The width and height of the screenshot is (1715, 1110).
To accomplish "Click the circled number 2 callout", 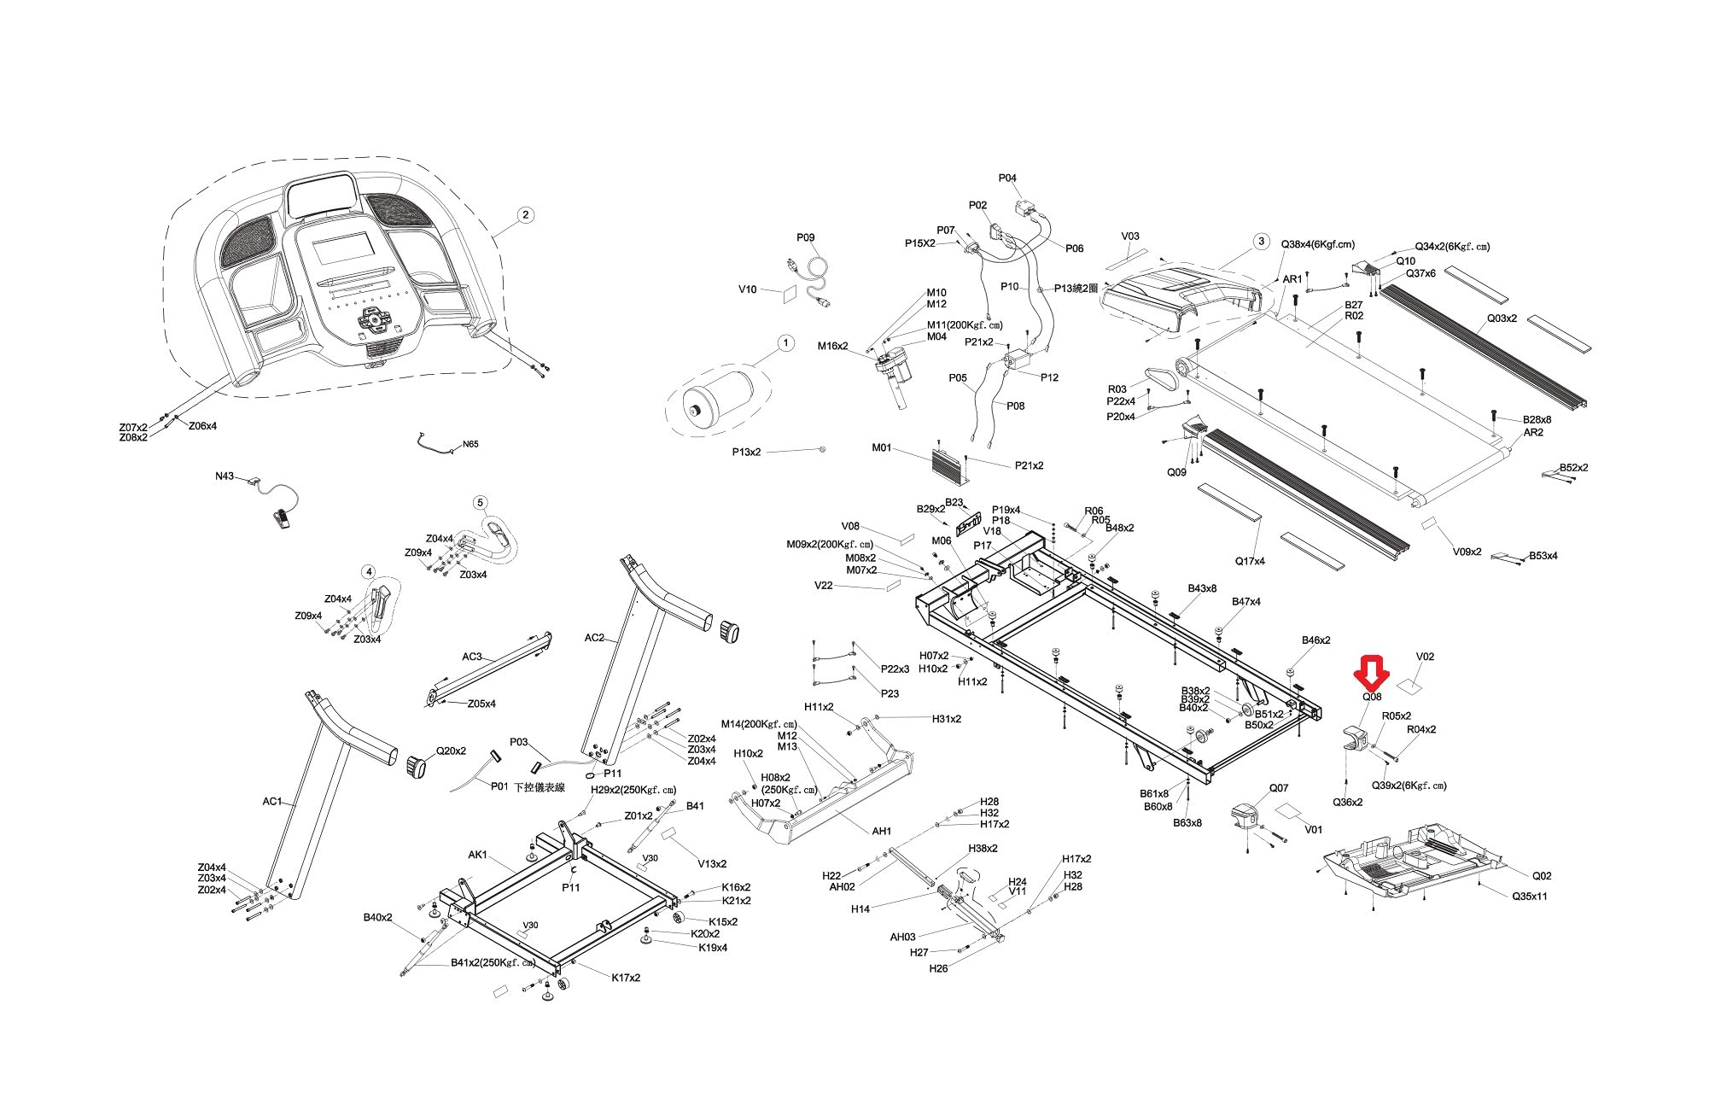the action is click(x=526, y=214).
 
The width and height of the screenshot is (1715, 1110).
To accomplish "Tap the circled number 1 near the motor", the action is click(x=785, y=343).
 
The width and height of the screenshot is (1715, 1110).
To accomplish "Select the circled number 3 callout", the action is click(x=1262, y=241).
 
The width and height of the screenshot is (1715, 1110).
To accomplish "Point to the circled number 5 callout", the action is click(x=480, y=502).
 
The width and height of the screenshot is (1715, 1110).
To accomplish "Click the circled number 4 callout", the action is click(x=368, y=572).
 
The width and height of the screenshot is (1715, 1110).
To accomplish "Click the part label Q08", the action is click(x=1372, y=697).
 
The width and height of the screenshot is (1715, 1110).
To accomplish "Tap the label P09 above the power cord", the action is click(x=806, y=237).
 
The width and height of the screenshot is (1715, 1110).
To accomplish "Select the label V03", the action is click(x=1130, y=237).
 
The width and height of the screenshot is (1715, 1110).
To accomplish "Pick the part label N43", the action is click(x=225, y=476).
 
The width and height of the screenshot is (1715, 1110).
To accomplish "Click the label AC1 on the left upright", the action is click(x=272, y=801).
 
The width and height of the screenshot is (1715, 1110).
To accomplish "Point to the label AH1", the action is click(x=882, y=831).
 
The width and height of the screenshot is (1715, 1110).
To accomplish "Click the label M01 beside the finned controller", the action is click(x=882, y=447).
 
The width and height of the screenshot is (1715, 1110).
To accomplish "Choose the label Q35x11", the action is click(x=1530, y=897).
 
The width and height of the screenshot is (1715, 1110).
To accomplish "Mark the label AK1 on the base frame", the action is click(x=478, y=855).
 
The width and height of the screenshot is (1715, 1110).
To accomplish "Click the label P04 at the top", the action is click(x=1007, y=178).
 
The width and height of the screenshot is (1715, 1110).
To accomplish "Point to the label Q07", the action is click(x=1279, y=788).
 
